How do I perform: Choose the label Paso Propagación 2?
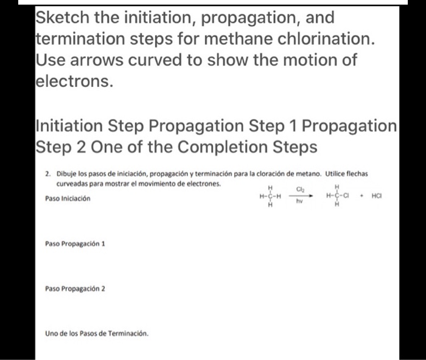coord(75,289)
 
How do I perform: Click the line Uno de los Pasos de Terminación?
coord(96,333)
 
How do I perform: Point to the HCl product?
coord(377,196)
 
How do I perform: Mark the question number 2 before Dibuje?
coord(47,173)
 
